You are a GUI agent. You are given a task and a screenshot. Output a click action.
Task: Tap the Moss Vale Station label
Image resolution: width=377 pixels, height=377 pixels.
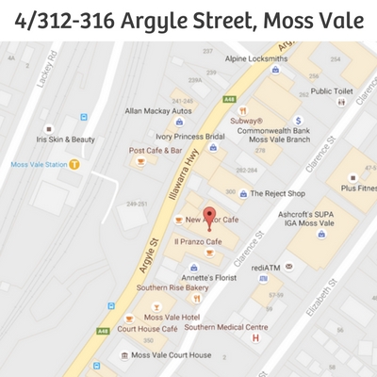click(x=38, y=164)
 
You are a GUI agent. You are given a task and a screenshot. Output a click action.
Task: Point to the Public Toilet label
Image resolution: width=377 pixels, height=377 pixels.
click(x=332, y=91)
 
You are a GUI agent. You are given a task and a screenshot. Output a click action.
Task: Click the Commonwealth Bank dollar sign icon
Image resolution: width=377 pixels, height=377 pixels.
click(x=298, y=121)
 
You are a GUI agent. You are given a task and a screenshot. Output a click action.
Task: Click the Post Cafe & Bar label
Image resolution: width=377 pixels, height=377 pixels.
click(x=156, y=150)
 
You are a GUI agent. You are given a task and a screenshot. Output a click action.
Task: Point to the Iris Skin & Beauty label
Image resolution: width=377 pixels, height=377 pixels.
click(x=66, y=139)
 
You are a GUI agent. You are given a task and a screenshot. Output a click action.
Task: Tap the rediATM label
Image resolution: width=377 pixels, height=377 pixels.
click(x=265, y=267)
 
